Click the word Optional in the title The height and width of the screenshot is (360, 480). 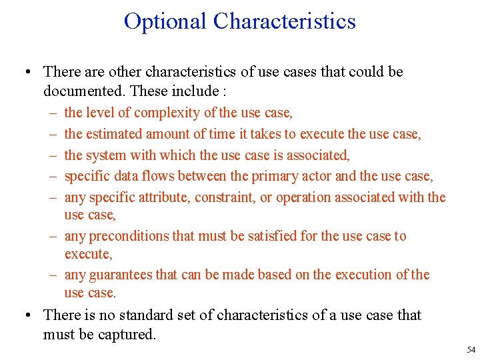165,21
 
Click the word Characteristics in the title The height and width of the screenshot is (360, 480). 285,21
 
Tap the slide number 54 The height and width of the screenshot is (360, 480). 471,350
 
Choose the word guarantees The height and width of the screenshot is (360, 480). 121,275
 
